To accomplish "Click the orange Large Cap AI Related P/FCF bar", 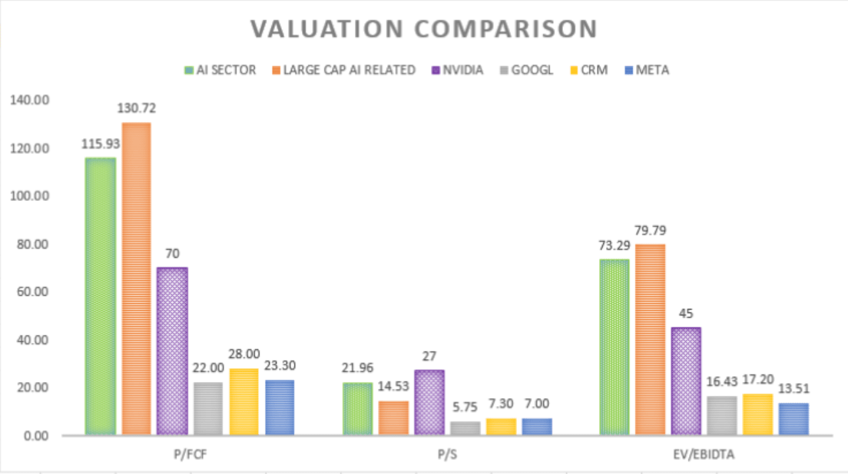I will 136,279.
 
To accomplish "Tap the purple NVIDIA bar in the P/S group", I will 429,402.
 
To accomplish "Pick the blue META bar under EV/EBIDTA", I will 793,419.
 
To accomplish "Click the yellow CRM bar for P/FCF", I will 244,401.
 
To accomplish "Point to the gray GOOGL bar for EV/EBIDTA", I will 721,415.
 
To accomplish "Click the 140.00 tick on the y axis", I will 29,100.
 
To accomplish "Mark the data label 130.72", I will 137,108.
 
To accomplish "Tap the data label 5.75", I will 465,407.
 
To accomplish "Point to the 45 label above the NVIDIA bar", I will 686,313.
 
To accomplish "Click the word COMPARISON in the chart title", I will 502,28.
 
